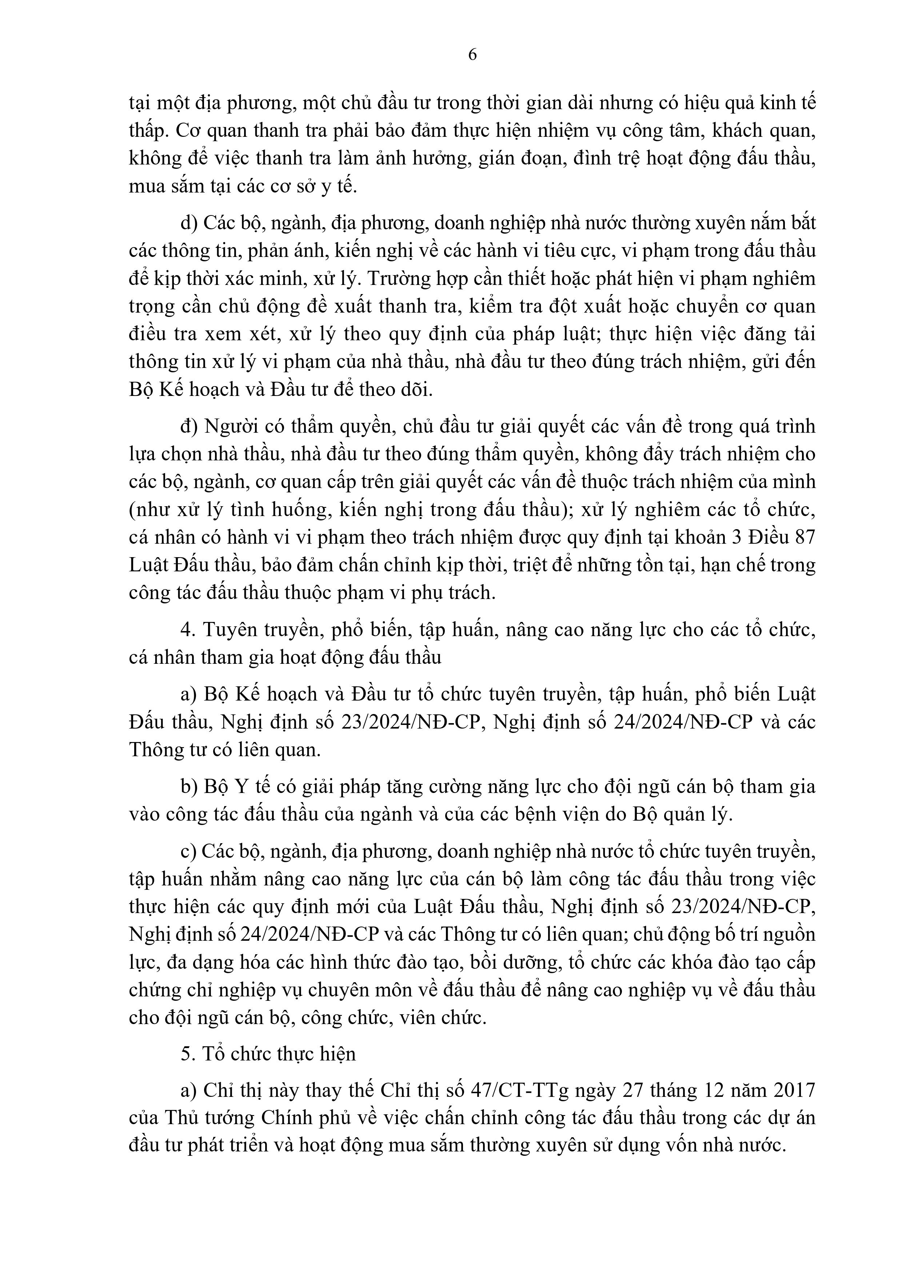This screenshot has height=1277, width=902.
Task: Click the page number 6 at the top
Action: tap(472, 55)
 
